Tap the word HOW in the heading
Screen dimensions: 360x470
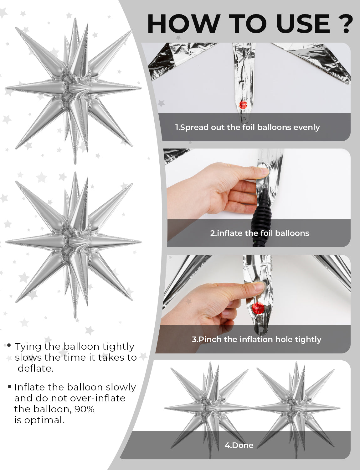[184, 23]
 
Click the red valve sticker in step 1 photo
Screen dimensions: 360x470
[243, 105]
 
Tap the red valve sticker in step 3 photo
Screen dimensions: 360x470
[258, 308]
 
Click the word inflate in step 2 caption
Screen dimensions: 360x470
[230, 233]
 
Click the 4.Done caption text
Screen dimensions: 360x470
[239, 445]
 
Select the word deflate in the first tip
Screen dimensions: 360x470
[35, 368]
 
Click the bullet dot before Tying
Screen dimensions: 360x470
[9, 345]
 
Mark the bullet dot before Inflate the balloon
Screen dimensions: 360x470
[9, 387]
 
